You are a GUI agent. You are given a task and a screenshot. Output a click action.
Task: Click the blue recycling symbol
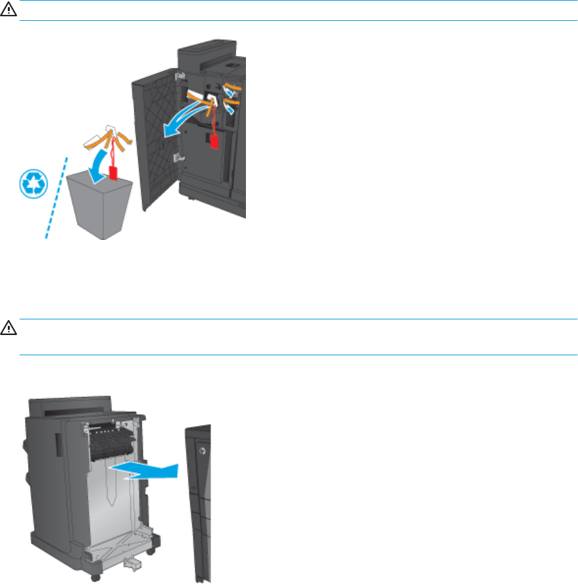coord(31,185)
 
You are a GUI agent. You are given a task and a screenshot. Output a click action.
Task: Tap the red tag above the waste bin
coord(114,173)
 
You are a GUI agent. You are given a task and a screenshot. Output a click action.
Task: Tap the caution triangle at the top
coord(6,10)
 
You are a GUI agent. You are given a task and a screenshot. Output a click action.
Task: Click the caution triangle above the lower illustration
coord(6,327)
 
